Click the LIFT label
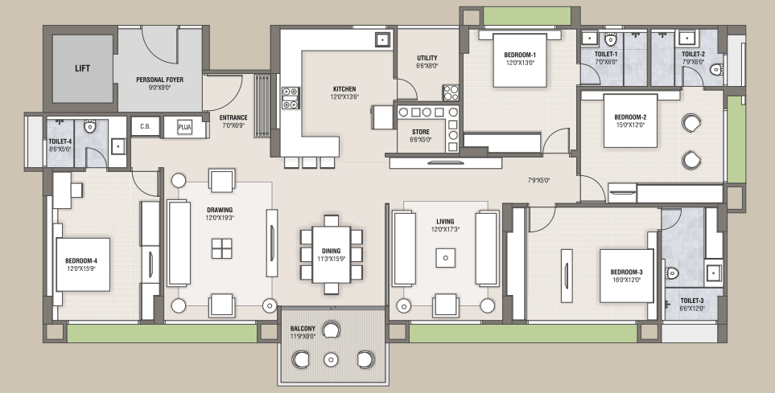click(83, 68)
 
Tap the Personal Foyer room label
click(159, 80)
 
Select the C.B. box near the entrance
click(146, 126)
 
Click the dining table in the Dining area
click(331, 254)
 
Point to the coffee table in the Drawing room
click(221, 248)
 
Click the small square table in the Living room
click(446, 258)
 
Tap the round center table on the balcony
click(331, 359)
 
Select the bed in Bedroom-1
click(520, 60)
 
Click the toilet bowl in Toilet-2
click(716, 70)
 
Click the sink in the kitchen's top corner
click(383, 39)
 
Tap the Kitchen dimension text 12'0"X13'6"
click(344, 96)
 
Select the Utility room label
click(427, 58)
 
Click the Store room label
click(421, 132)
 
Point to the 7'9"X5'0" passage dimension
click(538, 181)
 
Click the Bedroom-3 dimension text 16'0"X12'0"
click(626, 280)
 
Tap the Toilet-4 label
click(60, 141)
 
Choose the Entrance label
click(233, 117)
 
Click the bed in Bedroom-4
click(83, 264)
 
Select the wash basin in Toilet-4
click(117, 146)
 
